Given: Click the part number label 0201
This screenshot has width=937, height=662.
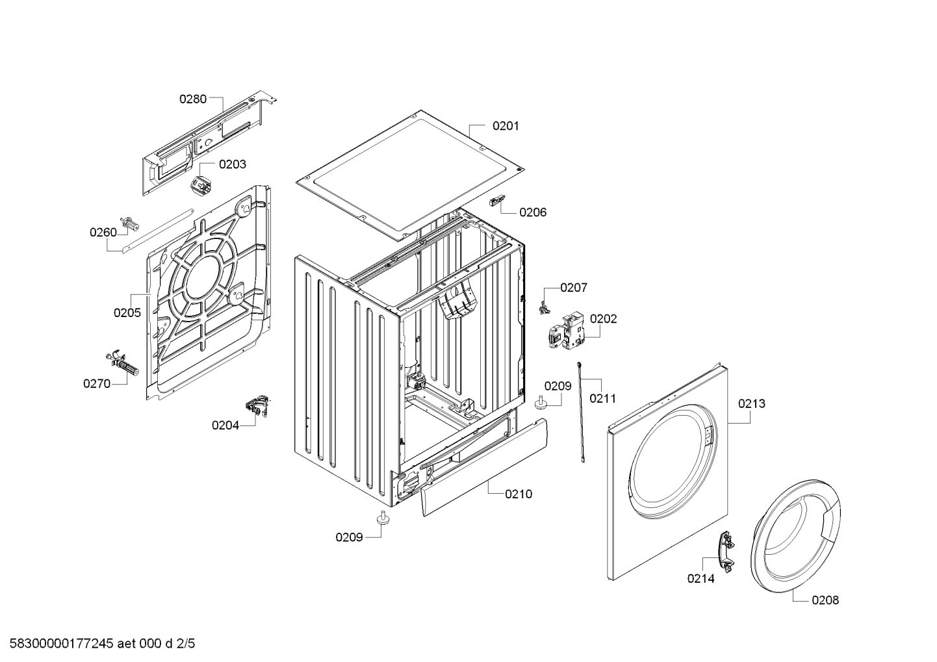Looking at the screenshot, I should (x=506, y=126).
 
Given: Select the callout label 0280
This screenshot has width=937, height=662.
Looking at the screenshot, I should (x=192, y=99).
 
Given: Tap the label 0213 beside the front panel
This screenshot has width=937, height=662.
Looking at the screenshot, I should (x=751, y=403).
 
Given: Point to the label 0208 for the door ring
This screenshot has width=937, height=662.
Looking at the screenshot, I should (x=825, y=600).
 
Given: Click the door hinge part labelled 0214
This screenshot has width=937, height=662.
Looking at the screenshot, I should (x=725, y=552).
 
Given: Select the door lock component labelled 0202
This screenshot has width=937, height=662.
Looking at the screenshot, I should (x=564, y=329).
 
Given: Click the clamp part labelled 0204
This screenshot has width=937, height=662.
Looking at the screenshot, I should (x=257, y=407).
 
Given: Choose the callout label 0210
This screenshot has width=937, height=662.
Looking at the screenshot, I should (x=518, y=494).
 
